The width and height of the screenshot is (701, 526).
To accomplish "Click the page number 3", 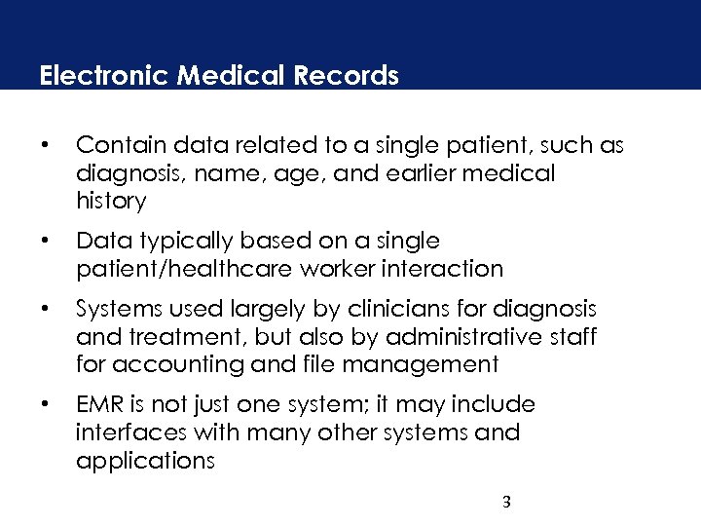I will [506, 503].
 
